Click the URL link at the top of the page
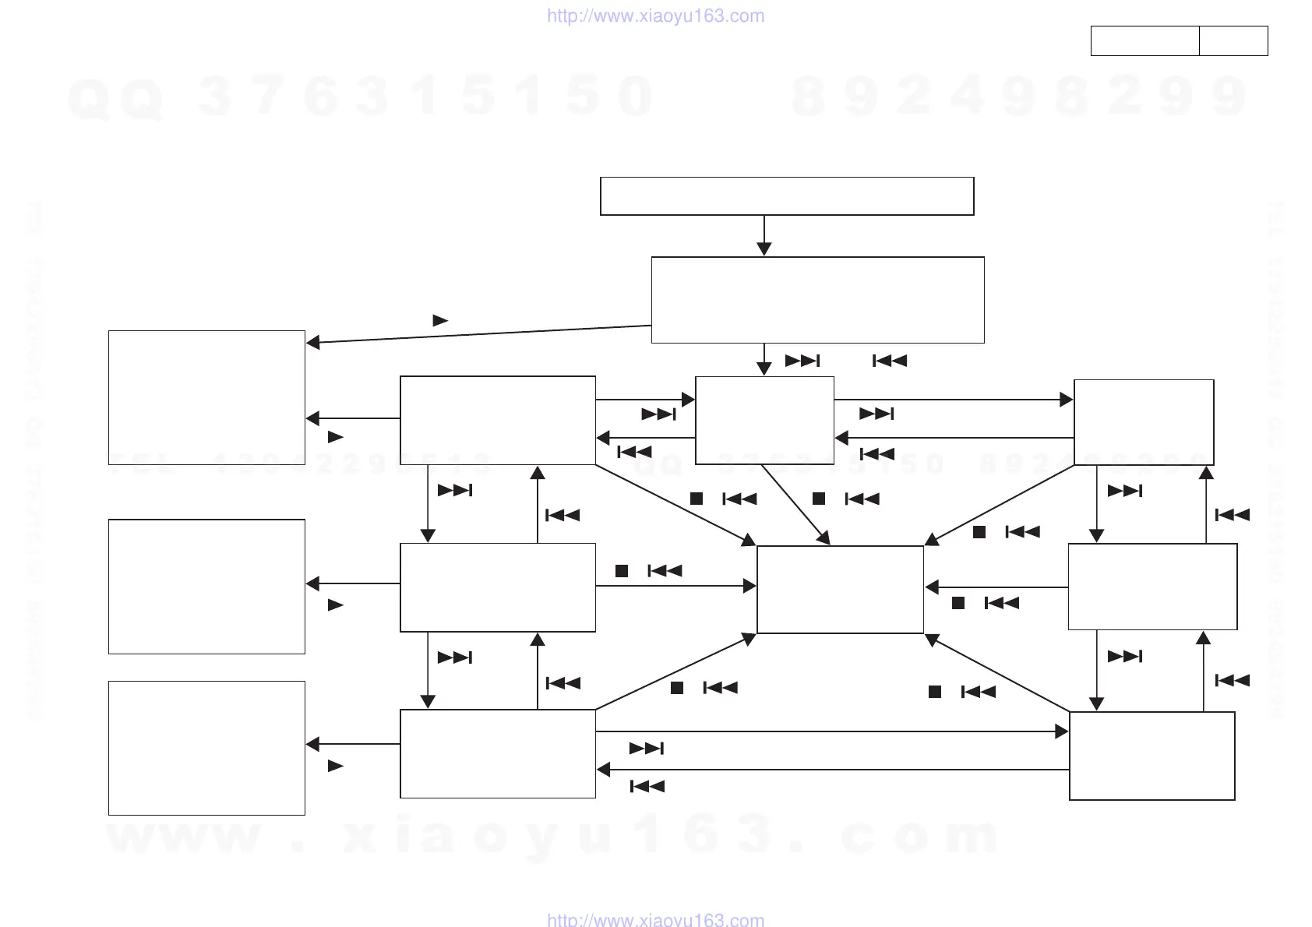[655, 16]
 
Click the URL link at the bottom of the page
[655, 920]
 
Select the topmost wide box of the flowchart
[787, 196]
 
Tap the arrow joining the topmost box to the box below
[764, 235]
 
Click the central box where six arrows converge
[840, 589]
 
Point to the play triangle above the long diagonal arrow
[440, 320]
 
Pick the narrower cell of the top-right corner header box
[1233, 41]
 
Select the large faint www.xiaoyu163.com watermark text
[553, 836]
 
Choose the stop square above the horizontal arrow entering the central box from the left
[622, 571]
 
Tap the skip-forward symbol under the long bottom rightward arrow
[647, 749]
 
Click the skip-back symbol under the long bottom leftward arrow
[647, 787]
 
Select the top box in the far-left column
[206, 397]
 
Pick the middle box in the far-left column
[206, 587]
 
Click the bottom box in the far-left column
[206, 748]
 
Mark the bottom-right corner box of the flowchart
[1152, 756]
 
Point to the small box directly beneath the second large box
[764, 421]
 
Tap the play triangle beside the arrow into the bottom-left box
[336, 766]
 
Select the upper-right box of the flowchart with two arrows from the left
[1144, 422]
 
